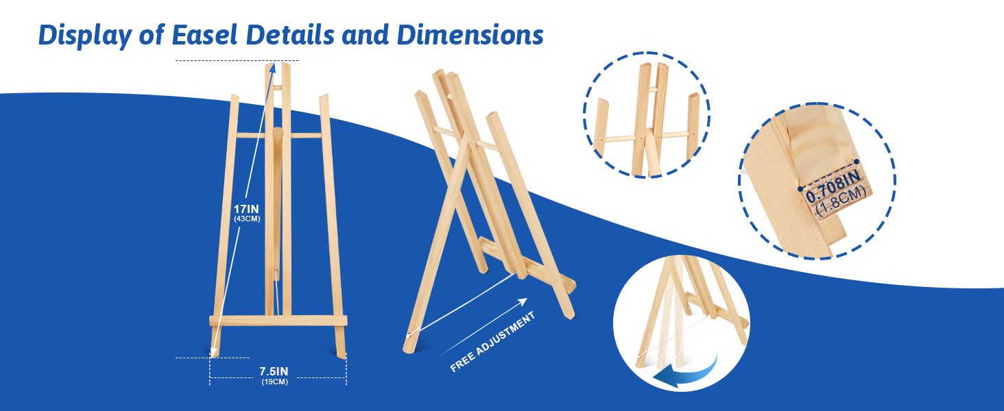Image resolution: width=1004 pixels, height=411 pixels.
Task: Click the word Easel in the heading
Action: [x=204, y=35]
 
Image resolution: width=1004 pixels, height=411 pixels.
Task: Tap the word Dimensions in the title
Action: [x=470, y=35]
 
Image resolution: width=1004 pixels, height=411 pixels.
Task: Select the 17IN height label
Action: [x=246, y=209]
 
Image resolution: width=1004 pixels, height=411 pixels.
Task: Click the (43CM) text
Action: [x=247, y=219]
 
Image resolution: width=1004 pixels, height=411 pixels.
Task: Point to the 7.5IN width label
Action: [x=274, y=371]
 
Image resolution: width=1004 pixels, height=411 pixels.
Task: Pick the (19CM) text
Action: [x=275, y=382]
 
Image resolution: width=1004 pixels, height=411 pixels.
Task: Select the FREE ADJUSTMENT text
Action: [x=492, y=342]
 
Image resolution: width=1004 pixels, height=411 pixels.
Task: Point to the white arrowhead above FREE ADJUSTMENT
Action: [x=523, y=302]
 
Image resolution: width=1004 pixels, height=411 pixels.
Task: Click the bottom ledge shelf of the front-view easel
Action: [x=278, y=321]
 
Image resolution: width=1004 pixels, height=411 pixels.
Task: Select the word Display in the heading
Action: [x=85, y=36]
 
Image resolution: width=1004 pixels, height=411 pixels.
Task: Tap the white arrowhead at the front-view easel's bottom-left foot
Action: [x=213, y=352]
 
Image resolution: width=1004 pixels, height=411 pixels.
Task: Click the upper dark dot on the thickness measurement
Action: [x=857, y=162]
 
